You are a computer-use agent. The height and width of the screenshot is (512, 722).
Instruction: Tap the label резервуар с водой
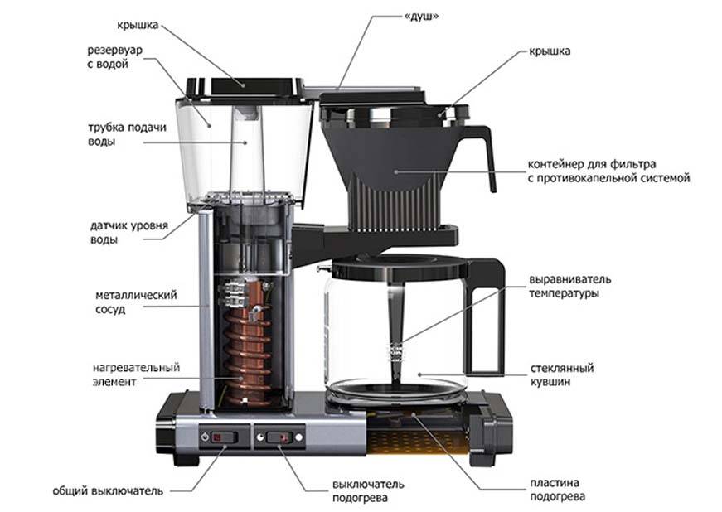tap(115, 57)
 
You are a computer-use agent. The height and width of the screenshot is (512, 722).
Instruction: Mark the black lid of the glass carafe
tap(398, 266)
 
